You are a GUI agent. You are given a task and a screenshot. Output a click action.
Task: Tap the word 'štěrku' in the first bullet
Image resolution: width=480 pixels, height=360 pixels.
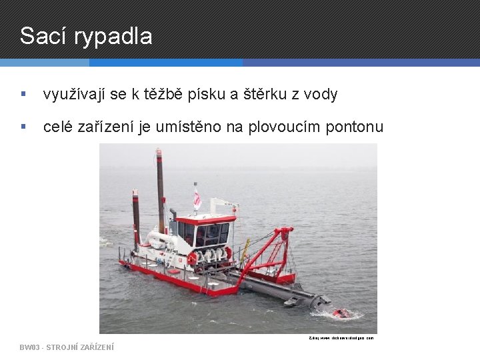(263, 95)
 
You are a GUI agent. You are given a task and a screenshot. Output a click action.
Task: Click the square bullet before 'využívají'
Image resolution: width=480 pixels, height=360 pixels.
(23, 95)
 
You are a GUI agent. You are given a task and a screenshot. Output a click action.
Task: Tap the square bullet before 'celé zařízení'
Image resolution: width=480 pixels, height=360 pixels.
(23, 127)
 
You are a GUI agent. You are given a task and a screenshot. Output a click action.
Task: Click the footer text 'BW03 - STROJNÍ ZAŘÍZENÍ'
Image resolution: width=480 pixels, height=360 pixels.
(67, 347)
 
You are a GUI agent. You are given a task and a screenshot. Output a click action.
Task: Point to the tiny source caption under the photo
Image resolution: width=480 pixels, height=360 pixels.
(341, 338)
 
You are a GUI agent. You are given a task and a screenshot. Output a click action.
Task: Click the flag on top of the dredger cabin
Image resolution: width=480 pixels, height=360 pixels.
(197, 198)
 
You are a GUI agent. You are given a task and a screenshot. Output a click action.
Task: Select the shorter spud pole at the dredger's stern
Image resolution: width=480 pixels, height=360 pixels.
(136, 217)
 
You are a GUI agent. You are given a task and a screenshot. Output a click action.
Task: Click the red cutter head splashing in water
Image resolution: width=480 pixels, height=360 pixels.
(341, 313)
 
